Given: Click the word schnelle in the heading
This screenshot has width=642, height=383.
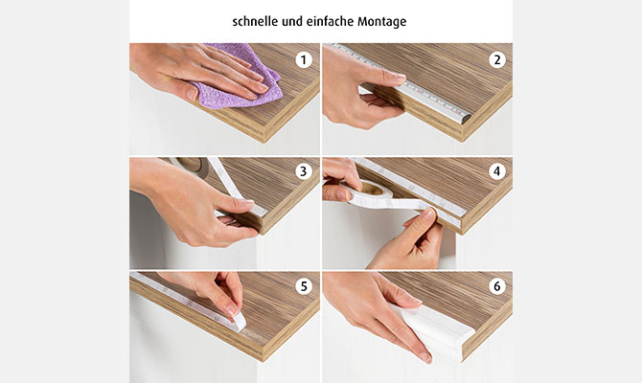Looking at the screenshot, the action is point(255,21).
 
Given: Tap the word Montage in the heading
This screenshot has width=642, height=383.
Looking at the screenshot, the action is point(382,22).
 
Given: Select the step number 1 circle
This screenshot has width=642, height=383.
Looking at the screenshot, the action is point(304,60).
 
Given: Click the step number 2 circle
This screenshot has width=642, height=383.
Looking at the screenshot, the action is point(497,60).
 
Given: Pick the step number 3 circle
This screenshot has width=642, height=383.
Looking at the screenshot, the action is point(304,171).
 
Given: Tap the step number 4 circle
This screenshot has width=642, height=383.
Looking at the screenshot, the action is point(497,171).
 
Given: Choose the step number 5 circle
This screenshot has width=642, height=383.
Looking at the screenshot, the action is point(304,286).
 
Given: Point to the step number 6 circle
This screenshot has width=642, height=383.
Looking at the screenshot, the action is point(497,286).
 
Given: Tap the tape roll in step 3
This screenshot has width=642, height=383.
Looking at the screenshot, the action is point(193,165).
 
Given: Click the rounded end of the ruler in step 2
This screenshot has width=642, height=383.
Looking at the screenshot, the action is point(466,119).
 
